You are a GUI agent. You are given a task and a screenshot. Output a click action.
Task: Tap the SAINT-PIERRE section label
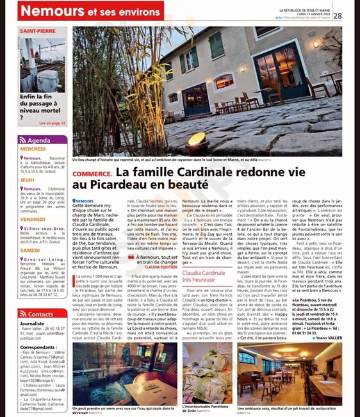[x=38, y=31]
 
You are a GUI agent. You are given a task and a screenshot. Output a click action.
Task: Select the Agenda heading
[x=39, y=140]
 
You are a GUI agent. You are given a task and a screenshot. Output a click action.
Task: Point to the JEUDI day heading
[x=28, y=180]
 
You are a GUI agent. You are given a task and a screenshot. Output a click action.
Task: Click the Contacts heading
[x=40, y=315]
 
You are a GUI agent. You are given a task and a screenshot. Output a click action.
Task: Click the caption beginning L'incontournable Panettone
[x=207, y=408]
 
